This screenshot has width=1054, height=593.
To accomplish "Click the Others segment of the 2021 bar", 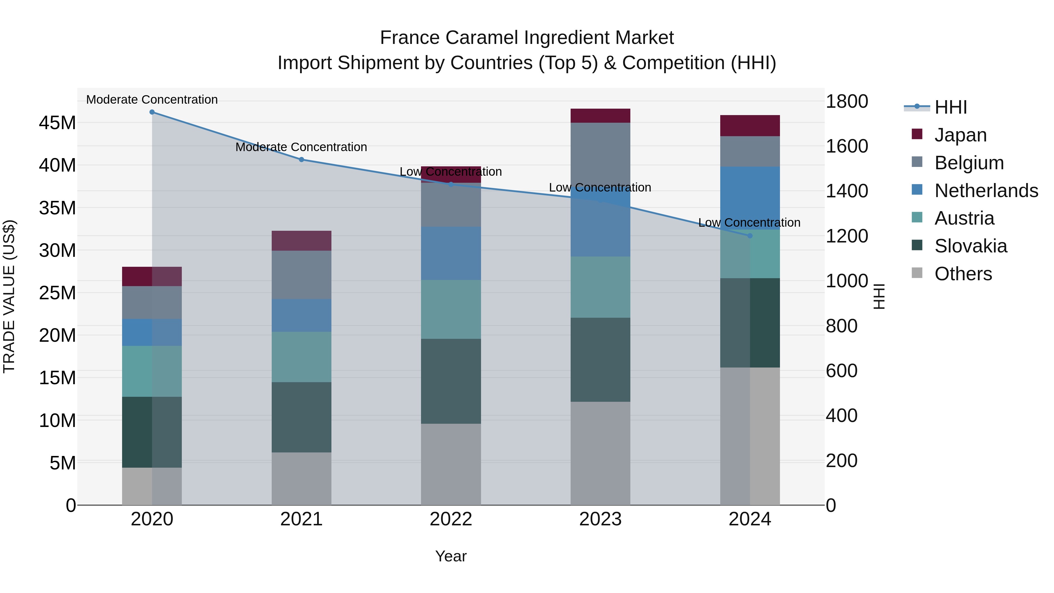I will tap(301, 478).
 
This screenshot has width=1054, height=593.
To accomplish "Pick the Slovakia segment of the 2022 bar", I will tap(451, 381).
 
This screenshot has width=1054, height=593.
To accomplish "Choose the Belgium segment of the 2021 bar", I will tap(301, 275).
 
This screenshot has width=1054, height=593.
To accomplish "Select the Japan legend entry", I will tap(960, 135).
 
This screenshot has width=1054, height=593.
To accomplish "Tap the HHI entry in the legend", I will tap(950, 107).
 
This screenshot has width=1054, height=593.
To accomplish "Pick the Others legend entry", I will tap(963, 274).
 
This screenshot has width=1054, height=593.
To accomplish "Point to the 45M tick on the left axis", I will tap(57, 123).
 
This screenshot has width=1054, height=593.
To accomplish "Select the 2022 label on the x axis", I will tap(451, 519).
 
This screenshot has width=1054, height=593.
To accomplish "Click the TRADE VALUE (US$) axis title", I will tap(9, 296).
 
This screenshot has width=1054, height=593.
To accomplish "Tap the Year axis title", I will tap(451, 556).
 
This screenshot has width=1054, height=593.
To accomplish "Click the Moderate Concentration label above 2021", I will tap(301, 147).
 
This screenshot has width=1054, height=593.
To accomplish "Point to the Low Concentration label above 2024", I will tap(749, 223).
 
